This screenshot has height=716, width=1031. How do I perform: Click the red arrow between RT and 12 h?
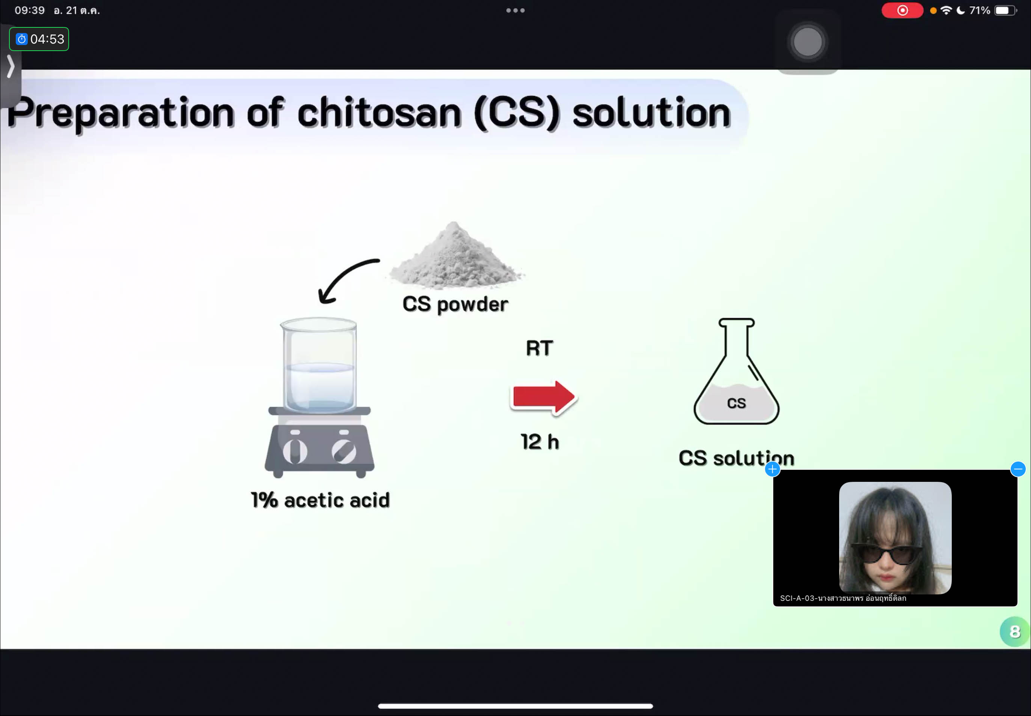click(544, 397)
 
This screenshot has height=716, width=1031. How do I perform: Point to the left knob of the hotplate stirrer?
click(295, 451)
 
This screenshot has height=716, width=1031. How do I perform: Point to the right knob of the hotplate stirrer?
click(344, 451)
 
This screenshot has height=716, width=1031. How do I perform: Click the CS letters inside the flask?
click(737, 403)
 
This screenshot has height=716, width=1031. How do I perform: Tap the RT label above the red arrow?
click(540, 348)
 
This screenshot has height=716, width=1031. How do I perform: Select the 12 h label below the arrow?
click(540, 442)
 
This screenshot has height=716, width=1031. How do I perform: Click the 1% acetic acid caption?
click(320, 500)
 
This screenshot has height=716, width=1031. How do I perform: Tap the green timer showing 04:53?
click(39, 39)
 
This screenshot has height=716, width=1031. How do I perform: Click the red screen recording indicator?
click(902, 10)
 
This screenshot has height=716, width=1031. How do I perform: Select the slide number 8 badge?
click(1014, 632)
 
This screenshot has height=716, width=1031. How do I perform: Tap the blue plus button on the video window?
click(772, 469)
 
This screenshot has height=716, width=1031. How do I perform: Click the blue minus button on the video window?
click(1018, 469)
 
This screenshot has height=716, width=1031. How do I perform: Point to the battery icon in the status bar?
click(1005, 10)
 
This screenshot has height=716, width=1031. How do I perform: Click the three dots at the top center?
click(515, 10)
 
